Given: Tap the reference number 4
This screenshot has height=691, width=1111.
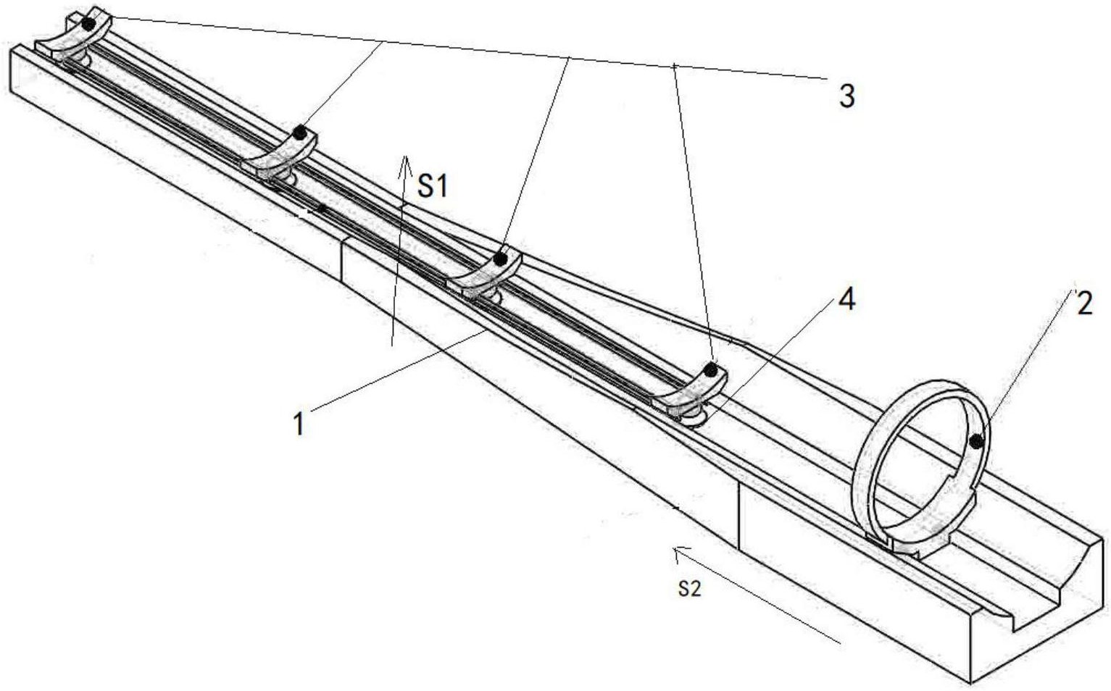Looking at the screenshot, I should click(x=846, y=298).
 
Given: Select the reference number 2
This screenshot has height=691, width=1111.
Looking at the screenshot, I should click(x=1084, y=303).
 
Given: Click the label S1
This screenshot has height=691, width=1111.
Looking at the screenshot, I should click(x=433, y=188).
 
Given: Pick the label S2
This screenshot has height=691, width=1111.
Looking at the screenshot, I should click(x=690, y=590).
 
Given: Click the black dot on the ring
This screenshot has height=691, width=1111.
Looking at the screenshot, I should click(x=978, y=440).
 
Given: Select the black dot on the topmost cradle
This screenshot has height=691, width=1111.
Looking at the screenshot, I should click(x=88, y=24).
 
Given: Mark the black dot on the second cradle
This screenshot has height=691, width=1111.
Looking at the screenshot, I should click(x=299, y=133).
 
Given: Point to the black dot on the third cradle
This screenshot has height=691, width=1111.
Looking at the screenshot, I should click(x=500, y=258).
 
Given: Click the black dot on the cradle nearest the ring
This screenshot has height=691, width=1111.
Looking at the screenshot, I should click(x=711, y=371).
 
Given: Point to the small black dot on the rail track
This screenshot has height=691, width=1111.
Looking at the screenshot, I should click(x=322, y=209).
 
